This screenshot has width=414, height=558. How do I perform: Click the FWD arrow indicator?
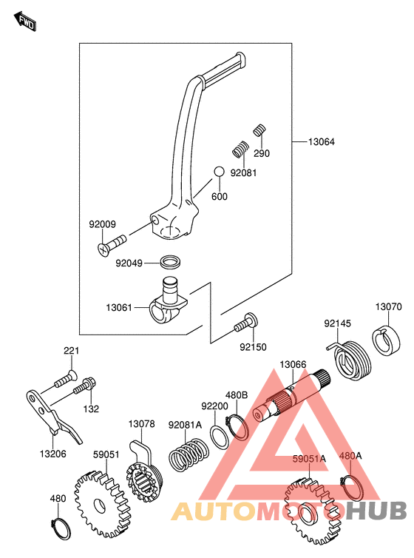click(x=25, y=21)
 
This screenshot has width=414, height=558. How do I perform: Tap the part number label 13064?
click(x=322, y=142)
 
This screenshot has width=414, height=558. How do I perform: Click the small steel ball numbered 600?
click(x=219, y=172)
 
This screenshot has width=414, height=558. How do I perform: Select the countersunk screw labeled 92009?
click(x=111, y=245)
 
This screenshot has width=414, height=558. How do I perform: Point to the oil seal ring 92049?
click(x=171, y=262)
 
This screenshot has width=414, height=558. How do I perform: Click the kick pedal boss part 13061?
click(x=168, y=301)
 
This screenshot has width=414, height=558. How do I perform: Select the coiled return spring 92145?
click(x=350, y=360)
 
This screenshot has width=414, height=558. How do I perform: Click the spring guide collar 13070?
click(x=387, y=342)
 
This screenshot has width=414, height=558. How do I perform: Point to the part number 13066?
click(x=293, y=364)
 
